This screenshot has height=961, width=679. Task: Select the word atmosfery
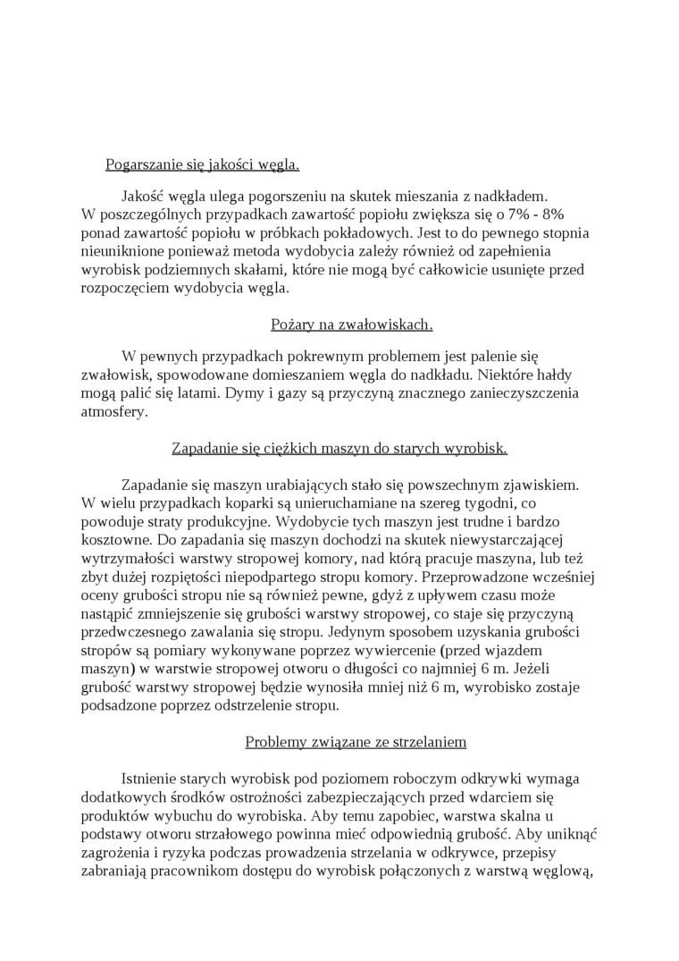[x=113, y=412]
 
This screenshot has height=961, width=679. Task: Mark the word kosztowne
[x=113, y=542]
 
